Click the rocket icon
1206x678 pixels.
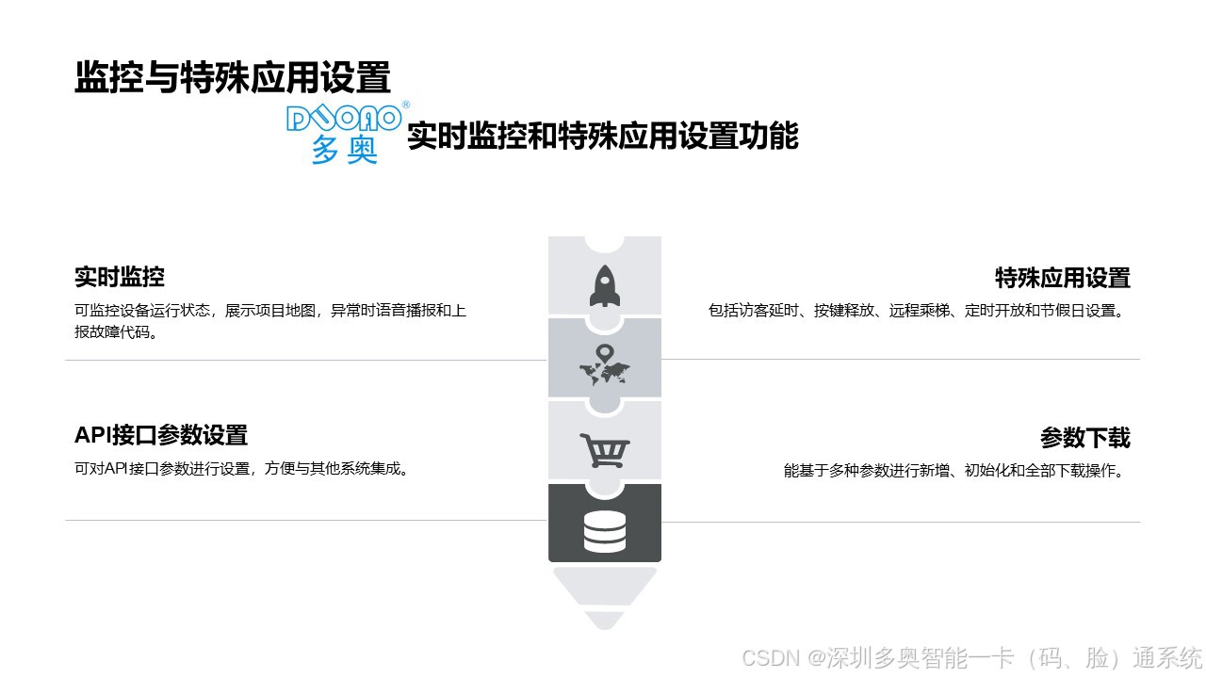pyautogui.click(x=604, y=286)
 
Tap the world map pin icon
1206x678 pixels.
pyautogui.click(x=604, y=366)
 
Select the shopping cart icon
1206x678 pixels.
pyautogui.click(x=604, y=450)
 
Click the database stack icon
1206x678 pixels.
pyautogui.click(x=604, y=531)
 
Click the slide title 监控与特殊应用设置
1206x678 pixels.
pyautogui.click(x=232, y=78)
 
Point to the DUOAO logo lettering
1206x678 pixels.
pyautogui.click(x=344, y=119)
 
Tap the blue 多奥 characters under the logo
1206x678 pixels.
pyautogui.click(x=344, y=150)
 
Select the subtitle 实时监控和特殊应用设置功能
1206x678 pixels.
pyautogui.click(x=602, y=137)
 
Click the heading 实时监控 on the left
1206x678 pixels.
pyautogui.click(x=120, y=277)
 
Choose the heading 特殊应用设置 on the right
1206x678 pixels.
pyautogui.click(x=1062, y=278)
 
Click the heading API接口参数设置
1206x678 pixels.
pyautogui.click(x=161, y=435)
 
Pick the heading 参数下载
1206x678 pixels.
pyautogui.click(x=1084, y=438)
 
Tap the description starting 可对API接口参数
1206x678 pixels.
pyautogui.click(x=243, y=469)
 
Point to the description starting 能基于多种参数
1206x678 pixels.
pyautogui.click(x=956, y=471)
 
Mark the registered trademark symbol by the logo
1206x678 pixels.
pyautogui.click(x=405, y=105)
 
